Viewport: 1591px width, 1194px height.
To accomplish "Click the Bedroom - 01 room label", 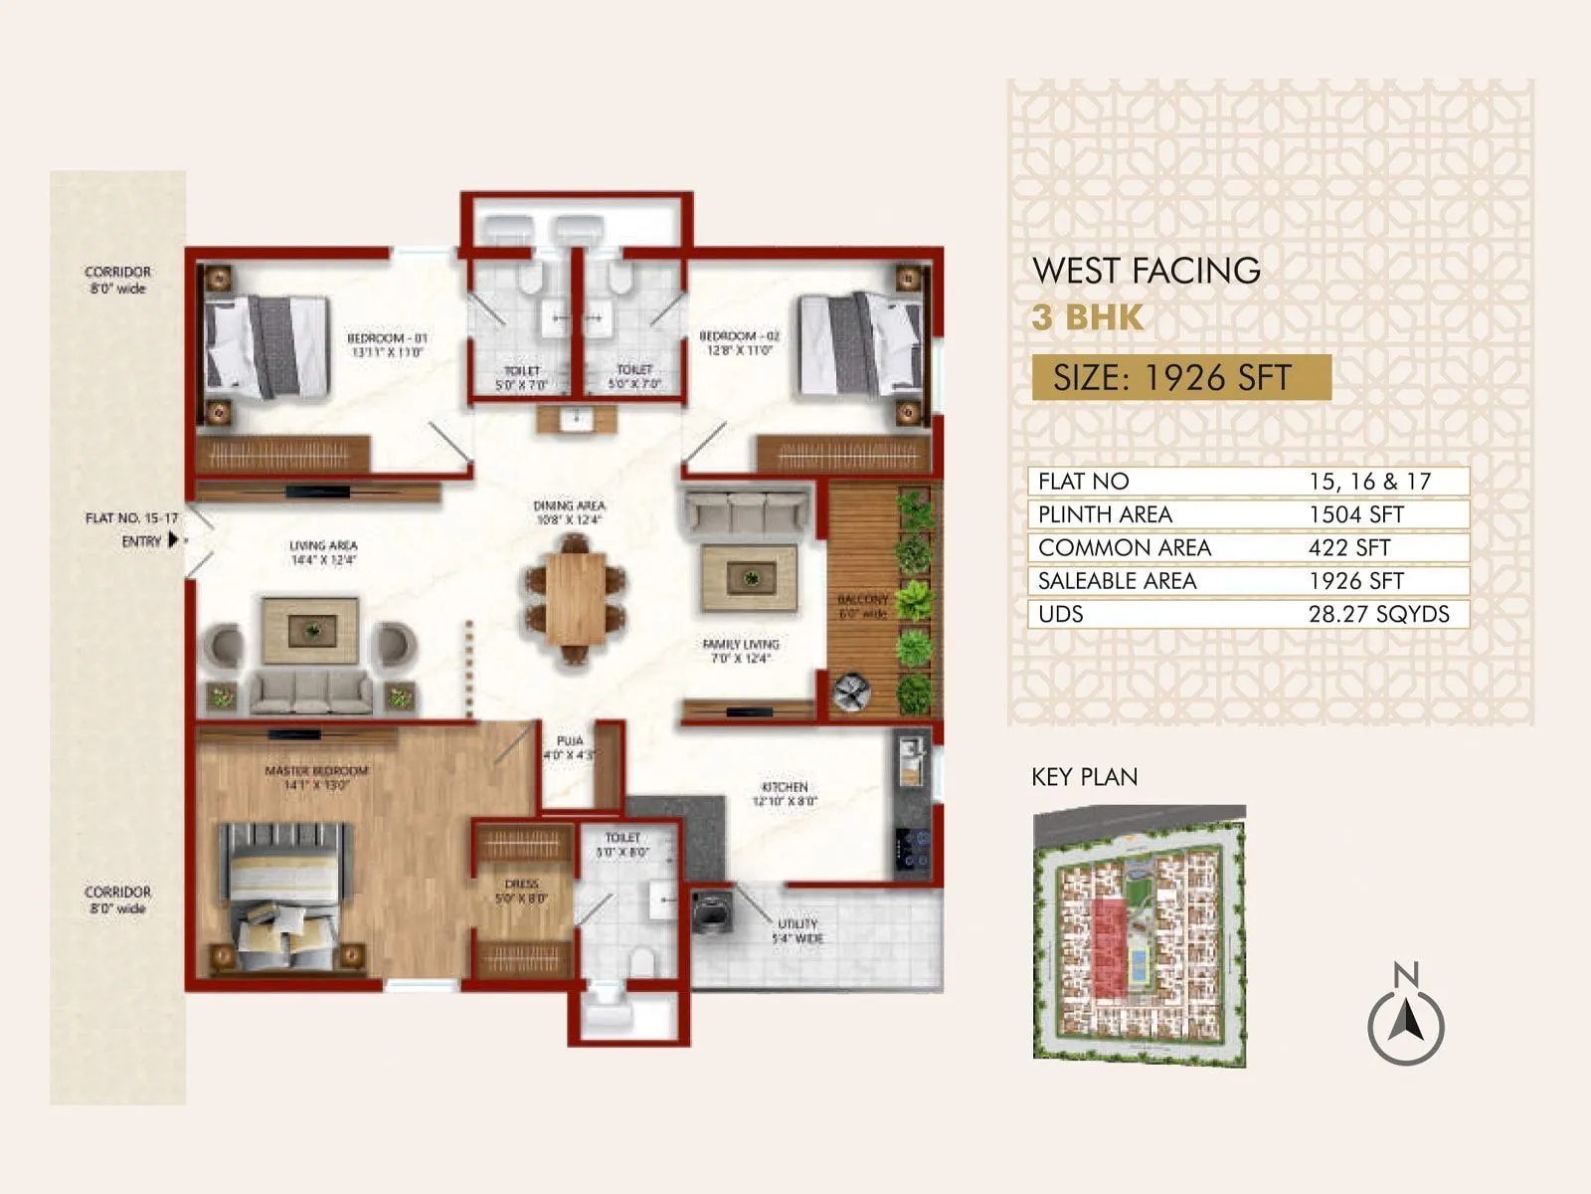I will [386, 344].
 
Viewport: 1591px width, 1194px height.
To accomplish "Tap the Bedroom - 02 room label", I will [739, 343].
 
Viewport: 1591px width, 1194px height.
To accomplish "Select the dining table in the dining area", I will [575, 599].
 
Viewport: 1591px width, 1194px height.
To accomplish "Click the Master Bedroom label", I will [316, 777].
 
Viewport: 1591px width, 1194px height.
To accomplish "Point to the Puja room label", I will [570, 747].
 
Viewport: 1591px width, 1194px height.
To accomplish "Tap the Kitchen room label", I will [785, 793].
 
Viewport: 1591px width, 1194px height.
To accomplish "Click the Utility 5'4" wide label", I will [797, 930].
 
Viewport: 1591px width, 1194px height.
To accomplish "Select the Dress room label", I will [521, 891].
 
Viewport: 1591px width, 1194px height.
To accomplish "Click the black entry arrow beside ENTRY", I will [173, 540].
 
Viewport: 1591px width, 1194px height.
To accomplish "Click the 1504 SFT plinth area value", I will [1355, 514].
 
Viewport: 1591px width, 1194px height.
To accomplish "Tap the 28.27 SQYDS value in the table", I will [1378, 614].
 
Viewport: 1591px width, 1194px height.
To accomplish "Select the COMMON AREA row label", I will [1124, 548].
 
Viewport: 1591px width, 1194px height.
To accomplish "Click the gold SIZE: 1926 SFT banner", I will [1180, 378].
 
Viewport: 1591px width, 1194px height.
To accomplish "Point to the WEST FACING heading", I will [1146, 271].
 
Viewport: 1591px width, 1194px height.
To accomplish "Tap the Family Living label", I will [741, 651].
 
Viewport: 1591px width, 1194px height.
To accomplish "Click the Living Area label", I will [323, 552].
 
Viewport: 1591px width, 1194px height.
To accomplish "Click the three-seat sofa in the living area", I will [311, 691].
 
